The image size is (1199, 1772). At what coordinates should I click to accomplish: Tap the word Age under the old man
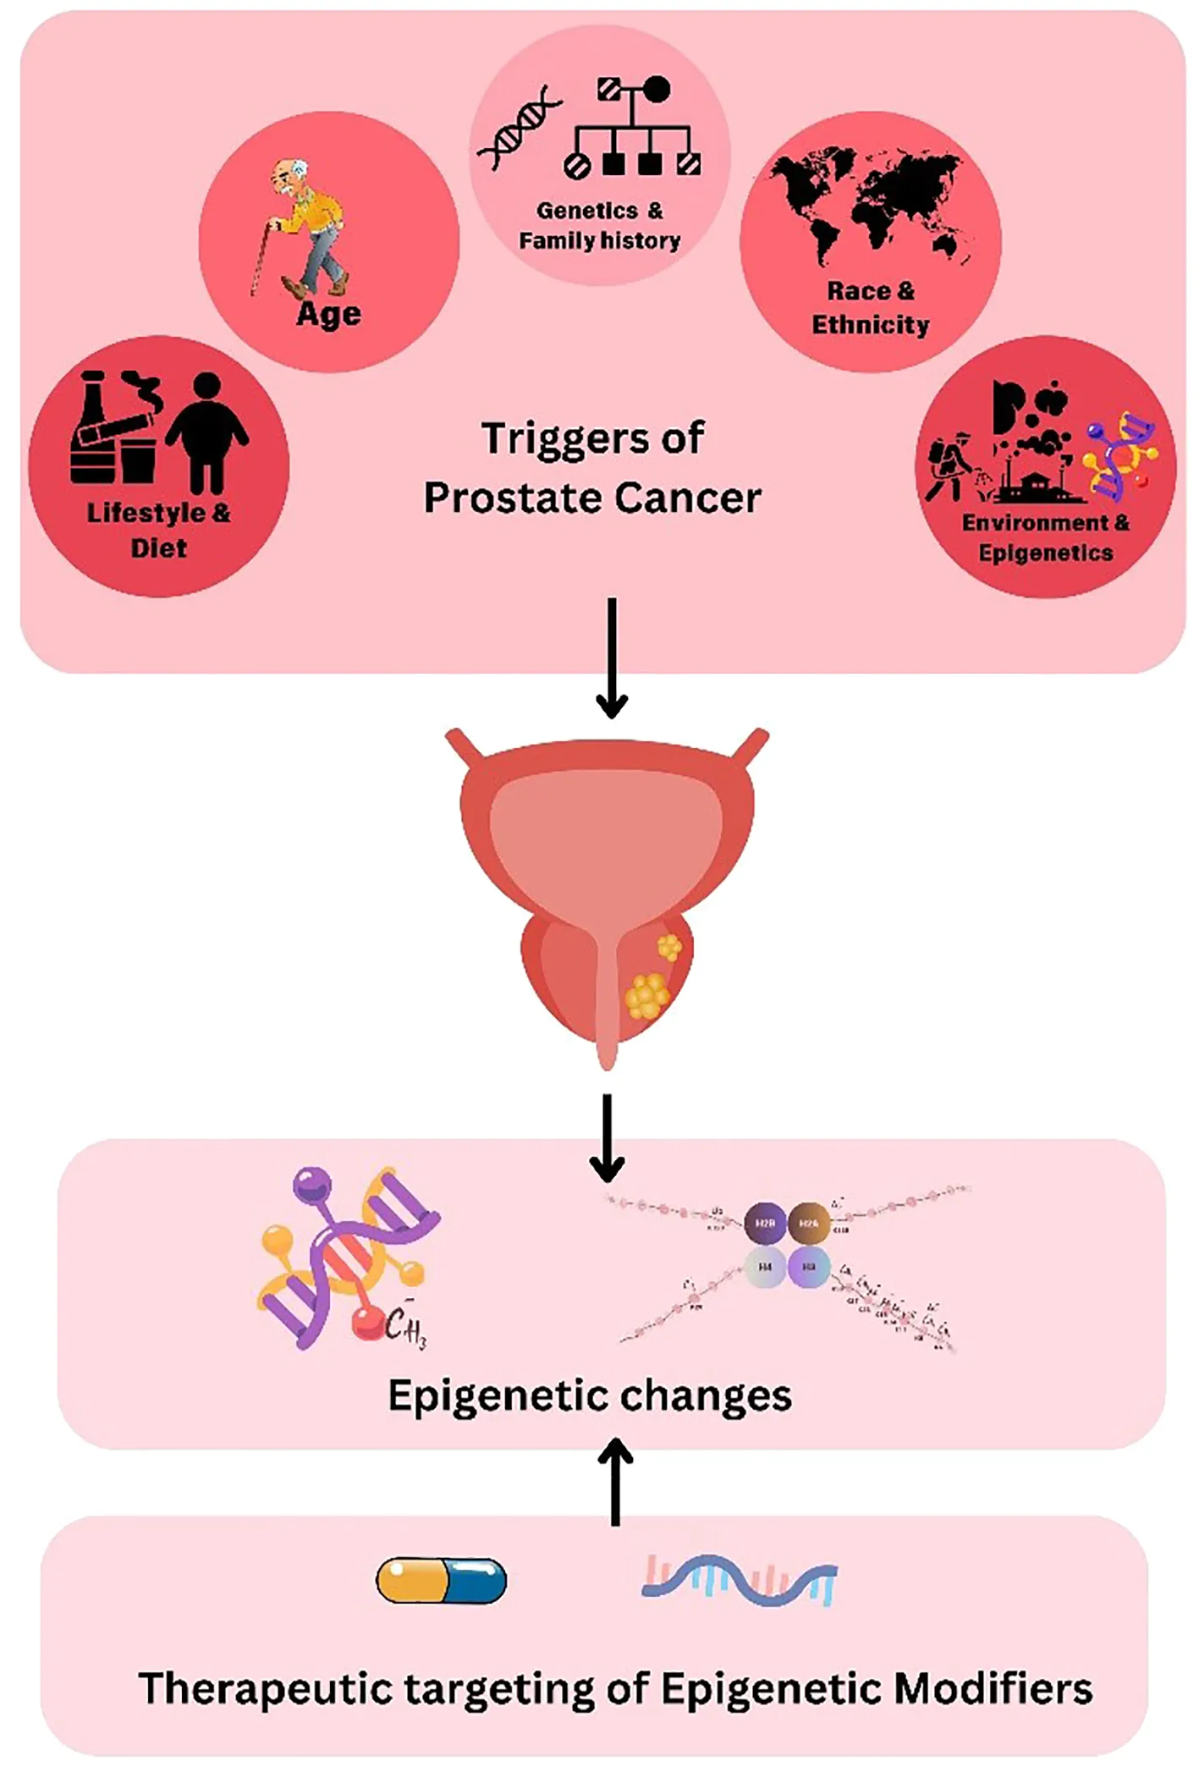tap(328, 315)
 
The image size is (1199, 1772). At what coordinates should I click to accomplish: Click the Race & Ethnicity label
tap(871, 308)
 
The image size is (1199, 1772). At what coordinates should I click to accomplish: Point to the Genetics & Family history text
tap(600, 226)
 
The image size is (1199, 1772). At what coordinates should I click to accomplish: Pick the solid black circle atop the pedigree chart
tap(656, 90)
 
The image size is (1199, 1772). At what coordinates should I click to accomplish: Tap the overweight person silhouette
tap(207, 432)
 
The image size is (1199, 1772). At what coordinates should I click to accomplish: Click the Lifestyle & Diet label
tap(159, 530)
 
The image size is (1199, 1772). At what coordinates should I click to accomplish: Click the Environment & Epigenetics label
tap(1046, 537)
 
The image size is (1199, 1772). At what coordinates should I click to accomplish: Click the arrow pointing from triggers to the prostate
tap(612, 656)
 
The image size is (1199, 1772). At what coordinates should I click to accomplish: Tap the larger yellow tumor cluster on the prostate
tap(648, 995)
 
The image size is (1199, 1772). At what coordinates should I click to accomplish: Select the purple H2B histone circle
tap(765, 1223)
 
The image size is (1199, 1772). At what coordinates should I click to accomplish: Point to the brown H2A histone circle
tap(809, 1223)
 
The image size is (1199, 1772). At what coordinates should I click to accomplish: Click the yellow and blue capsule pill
tap(441, 1580)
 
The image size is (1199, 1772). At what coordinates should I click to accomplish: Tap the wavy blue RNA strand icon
tap(740, 1580)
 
